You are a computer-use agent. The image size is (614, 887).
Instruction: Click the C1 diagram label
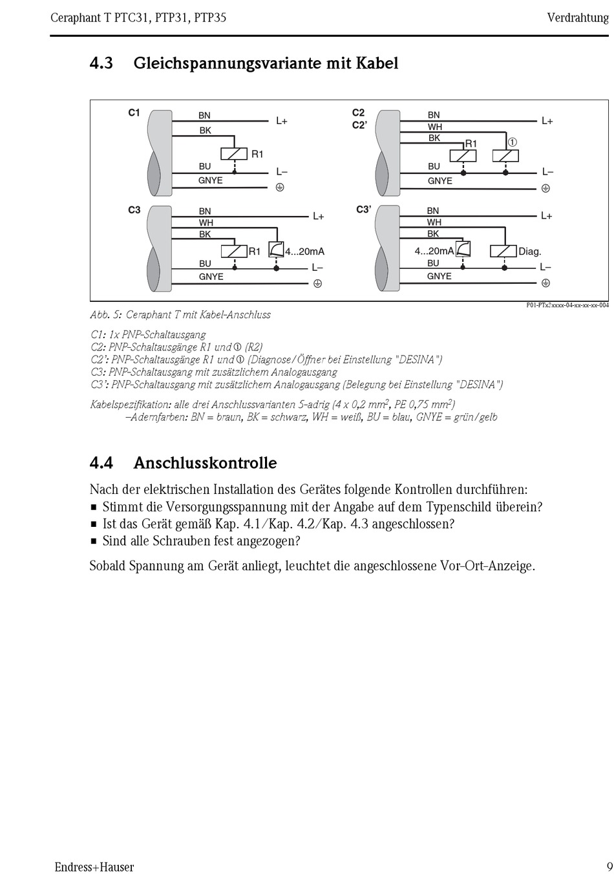coord(134,112)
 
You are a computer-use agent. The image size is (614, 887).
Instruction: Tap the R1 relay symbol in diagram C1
coord(234,154)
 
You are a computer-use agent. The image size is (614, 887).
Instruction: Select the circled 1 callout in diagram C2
coord(512,142)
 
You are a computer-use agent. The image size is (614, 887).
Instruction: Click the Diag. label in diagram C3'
coord(529,251)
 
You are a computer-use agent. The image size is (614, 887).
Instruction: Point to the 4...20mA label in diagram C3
coord(304,251)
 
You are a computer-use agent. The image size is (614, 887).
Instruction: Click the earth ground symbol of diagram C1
coord(280,187)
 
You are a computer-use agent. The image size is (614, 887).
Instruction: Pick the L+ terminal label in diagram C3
coord(318,217)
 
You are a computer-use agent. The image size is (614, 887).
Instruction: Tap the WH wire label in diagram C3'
coord(434,222)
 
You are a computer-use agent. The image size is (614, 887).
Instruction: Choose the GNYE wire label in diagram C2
coord(439,181)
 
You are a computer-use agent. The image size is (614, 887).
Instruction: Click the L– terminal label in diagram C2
coord(547,172)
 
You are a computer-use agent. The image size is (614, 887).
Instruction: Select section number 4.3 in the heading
coord(101,63)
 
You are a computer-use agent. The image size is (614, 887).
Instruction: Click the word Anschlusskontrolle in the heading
coord(205,463)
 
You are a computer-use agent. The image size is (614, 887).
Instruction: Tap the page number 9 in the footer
coord(609,867)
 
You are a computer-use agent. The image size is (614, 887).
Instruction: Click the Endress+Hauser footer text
coord(94,867)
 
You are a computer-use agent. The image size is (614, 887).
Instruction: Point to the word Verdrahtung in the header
coord(578,17)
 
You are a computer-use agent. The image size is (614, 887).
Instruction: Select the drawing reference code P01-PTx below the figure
coord(567,305)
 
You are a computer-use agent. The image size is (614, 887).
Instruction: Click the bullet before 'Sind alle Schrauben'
coord(94,541)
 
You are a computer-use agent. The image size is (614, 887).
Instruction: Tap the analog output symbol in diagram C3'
coord(463,250)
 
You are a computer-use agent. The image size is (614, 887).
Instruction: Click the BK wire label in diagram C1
coord(205,131)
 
